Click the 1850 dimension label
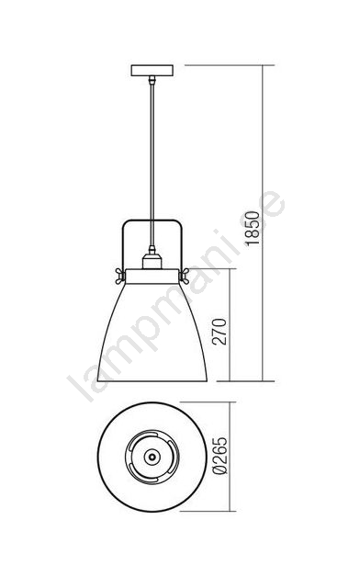tap(253, 229)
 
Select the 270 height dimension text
tap(219, 332)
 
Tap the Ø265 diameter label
tap(220, 456)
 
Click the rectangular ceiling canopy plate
tap(152, 71)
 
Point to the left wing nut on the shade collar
tap(120, 276)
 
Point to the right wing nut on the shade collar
tap(184, 276)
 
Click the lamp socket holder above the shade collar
tap(152, 261)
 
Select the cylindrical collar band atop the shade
tap(152, 276)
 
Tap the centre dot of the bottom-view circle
tap(152, 457)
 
